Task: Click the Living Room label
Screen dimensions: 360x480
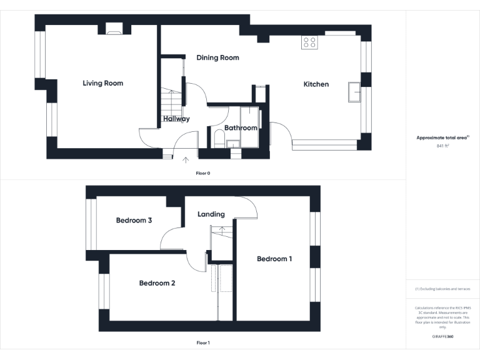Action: tap(102, 83)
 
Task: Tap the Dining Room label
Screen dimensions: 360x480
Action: tap(217, 57)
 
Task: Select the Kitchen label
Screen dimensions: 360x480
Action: tap(316, 84)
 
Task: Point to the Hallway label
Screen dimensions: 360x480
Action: tap(176, 119)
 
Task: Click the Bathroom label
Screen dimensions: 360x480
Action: tap(241, 128)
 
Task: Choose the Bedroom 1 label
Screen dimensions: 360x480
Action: tap(274, 259)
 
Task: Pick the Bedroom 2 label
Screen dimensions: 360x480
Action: tap(157, 283)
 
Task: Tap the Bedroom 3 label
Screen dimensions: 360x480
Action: tap(134, 220)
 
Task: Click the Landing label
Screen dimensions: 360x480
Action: tap(211, 214)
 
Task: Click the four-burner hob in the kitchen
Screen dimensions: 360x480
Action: tap(309, 42)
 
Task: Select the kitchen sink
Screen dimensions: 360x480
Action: tap(354, 92)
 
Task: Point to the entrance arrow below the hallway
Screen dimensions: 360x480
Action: tap(186, 160)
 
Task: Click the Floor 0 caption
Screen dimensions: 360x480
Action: tap(202, 172)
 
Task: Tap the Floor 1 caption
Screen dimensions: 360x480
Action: tap(202, 342)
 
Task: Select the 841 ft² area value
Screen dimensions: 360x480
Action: tap(442, 146)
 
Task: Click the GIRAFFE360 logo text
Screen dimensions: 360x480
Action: tap(442, 337)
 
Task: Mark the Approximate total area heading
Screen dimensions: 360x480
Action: tap(442, 137)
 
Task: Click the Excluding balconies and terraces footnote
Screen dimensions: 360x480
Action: tap(442, 289)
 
